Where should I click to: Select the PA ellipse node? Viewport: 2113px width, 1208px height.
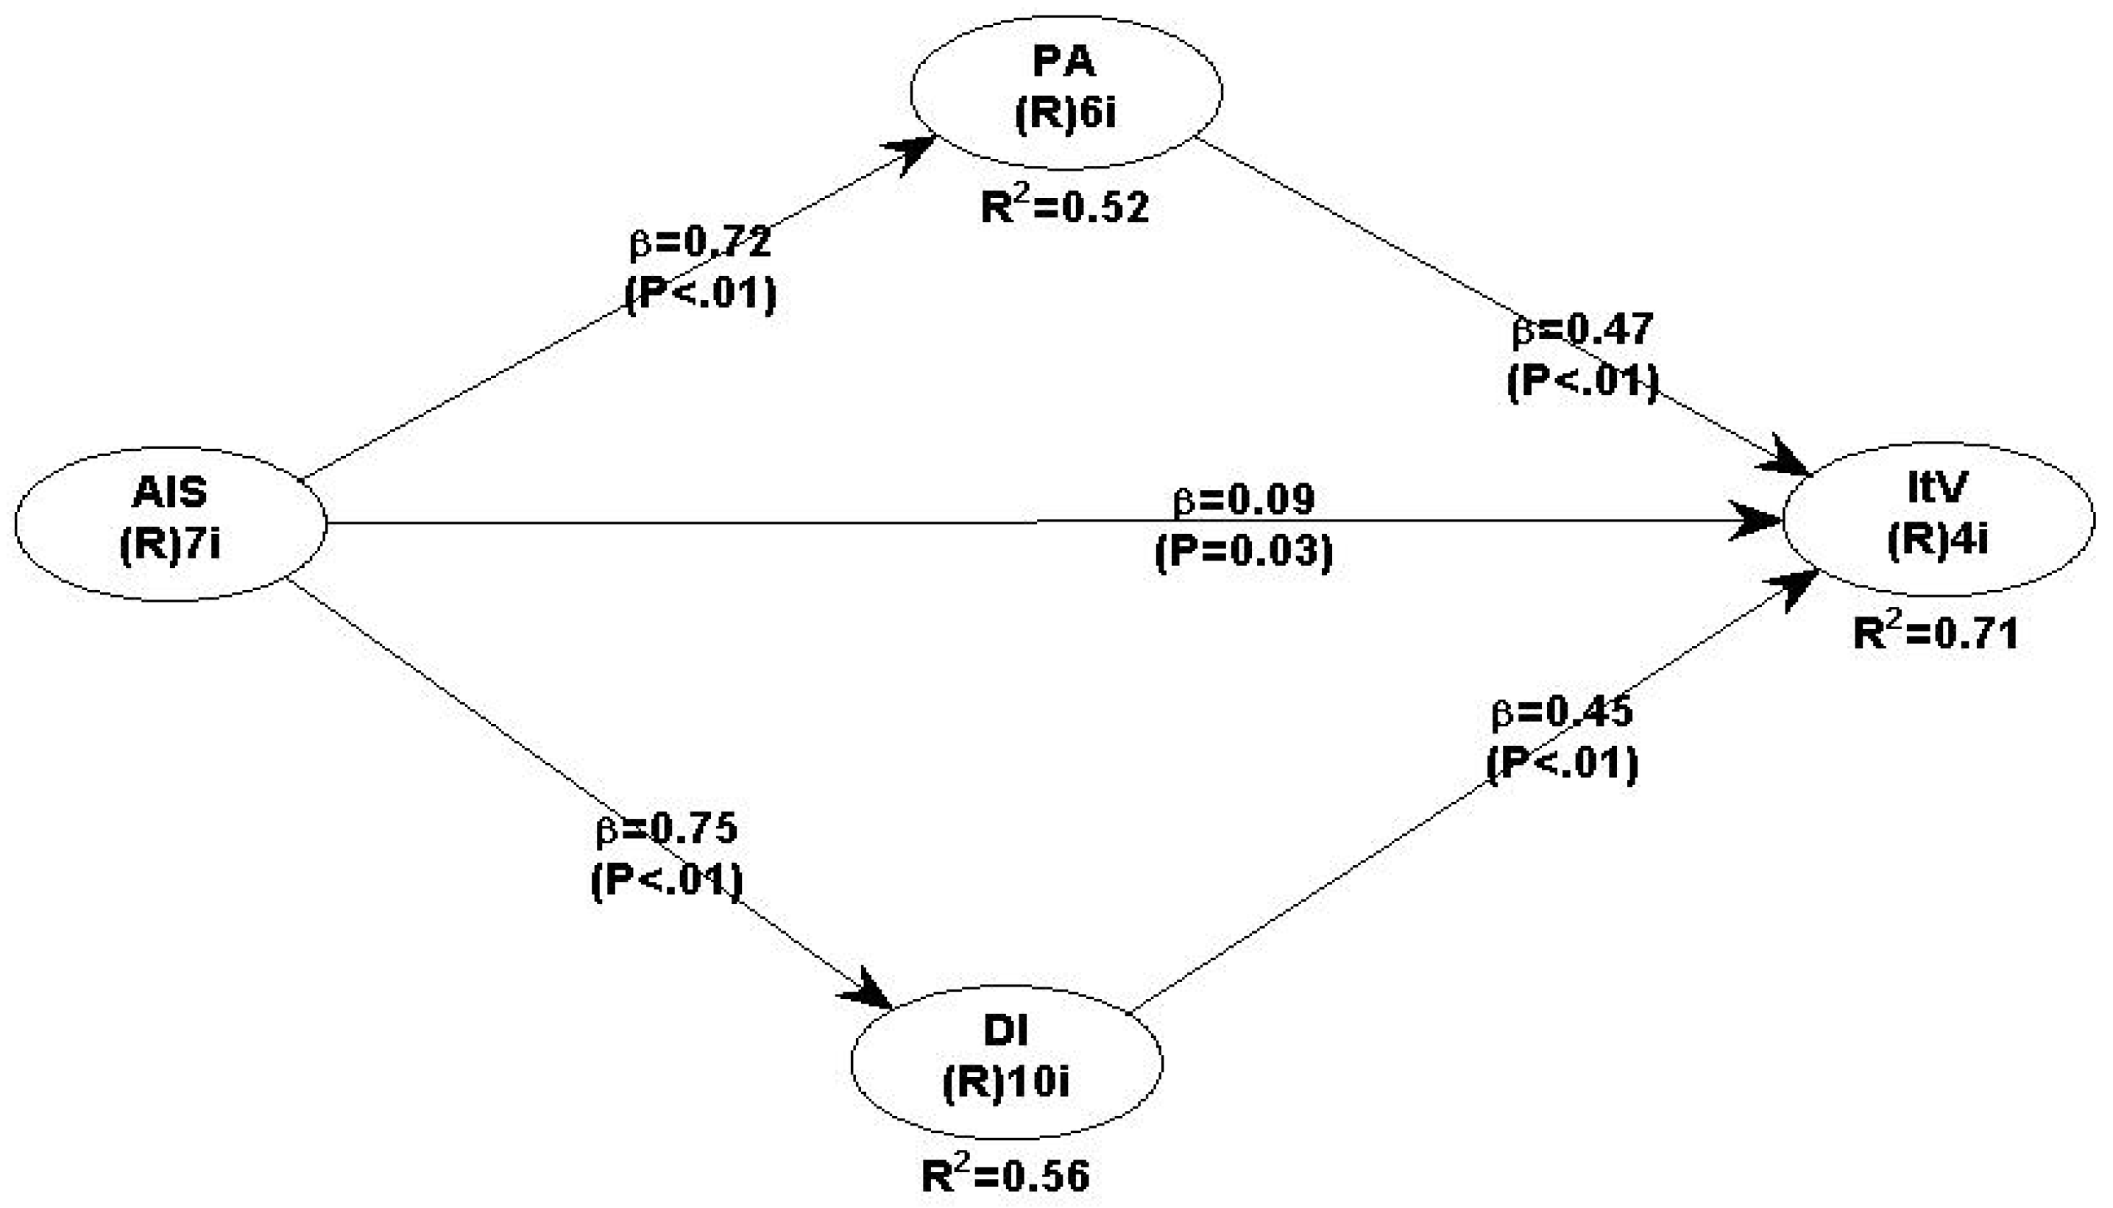[x=1066, y=91]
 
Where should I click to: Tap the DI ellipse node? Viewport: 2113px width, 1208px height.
[x=1006, y=1062]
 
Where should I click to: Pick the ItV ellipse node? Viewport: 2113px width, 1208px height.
[x=1938, y=519]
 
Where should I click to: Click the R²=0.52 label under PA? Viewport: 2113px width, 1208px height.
[x=1065, y=207]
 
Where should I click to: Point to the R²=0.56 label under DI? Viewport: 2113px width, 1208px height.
[x=1005, y=1176]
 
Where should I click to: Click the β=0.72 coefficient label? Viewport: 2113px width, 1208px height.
[x=701, y=241]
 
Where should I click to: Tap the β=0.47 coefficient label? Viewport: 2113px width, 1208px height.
[x=1582, y=330]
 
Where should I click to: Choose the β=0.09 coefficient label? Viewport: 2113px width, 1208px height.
[x=1244, y=500]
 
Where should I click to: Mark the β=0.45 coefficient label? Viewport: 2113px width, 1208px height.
[x=1562, y=713]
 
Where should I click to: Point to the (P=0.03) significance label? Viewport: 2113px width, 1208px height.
[x=1244, y=551]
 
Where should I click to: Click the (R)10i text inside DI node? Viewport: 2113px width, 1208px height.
[x=1006, y=1084]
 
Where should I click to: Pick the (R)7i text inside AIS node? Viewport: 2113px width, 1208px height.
[x=170, y=546]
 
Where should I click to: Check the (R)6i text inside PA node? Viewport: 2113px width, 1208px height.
[x=1066, y=113]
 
